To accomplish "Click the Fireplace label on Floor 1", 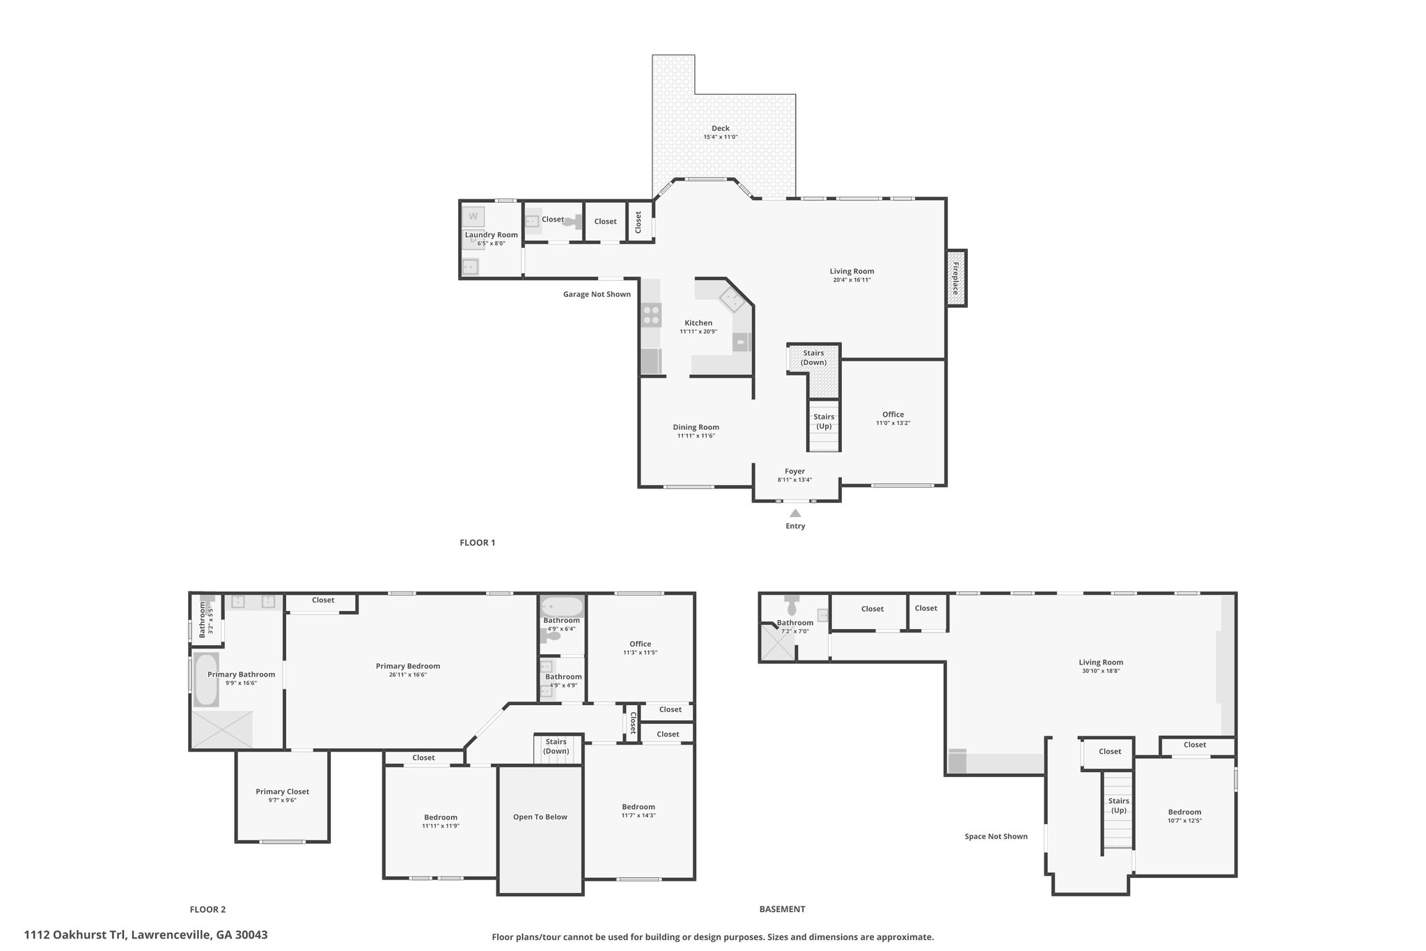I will pos(956,278).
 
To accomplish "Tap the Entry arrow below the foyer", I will pos(795,513).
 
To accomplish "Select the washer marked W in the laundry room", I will pos(473,216).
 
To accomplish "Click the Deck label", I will pos(721,128).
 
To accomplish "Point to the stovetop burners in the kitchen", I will pos(652,316).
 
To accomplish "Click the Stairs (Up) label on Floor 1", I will pos(824,422).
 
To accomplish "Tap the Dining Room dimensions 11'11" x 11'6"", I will pos(696,436).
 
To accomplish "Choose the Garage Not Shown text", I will pos(597,294).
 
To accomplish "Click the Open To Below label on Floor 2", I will pos(540,817).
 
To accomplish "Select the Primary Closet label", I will pos(282,791).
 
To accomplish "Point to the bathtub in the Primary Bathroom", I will pos(206,679).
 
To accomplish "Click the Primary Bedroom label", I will pos(408,666).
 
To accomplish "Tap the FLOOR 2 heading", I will pos(207,909).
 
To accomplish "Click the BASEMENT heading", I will pos(782,909).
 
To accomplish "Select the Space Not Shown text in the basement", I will pos(996,836).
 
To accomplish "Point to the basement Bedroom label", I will pos(1184,812).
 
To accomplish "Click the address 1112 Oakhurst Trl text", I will pos(146,935).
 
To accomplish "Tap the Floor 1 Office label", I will pos(893,415).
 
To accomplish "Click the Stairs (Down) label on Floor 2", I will pos(556,746).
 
